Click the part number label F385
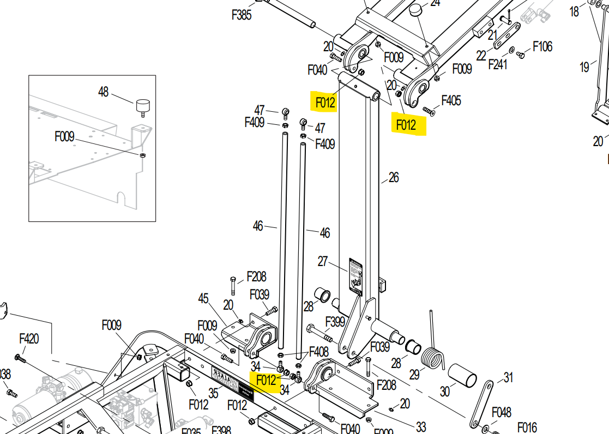tap(242, 15)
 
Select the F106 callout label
tap(542, 46)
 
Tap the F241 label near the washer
tap(498, 65)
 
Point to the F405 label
tap(451, 100)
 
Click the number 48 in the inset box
tap(104, 92)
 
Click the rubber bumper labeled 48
tap(142, 105)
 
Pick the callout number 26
tap(394, 177)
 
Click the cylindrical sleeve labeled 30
tap(462, 377)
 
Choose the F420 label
tap(29, 339)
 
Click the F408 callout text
tap(319, 352)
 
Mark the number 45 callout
tap(203, 298)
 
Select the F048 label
tap(502, 412)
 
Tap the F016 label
tap(527, 427)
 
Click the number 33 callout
tap(421, 427)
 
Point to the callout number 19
tap(584, 67)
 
